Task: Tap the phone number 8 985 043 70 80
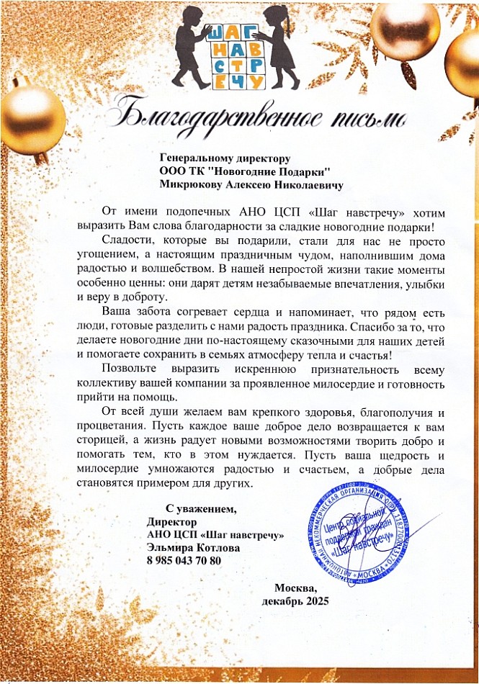pyautogui.click(x=183, y=560)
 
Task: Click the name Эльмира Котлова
pyautogui.click(x=193, y=547)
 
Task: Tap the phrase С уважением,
pyautogui.click(x=201, y=508)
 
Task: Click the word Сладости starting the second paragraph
pyautogui.click(x=127, y=239)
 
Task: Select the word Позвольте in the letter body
pyautogui.click(x=134, y=369)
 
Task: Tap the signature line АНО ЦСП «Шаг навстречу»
pyautogui.click(x=215, y=534)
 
